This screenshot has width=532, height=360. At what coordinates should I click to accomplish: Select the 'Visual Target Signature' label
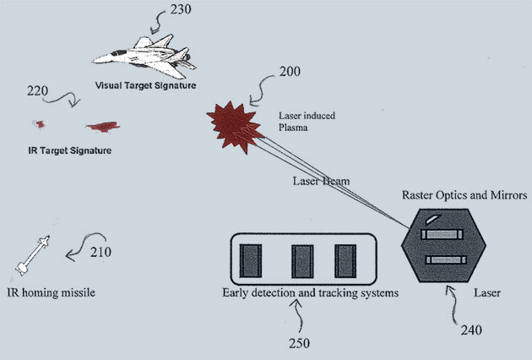click(145, 85)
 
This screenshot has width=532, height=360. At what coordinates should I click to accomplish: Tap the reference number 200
click(290, 72)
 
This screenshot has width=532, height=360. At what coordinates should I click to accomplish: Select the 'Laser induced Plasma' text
click(299, 121)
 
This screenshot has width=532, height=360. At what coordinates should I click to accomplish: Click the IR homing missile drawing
click(31, 256)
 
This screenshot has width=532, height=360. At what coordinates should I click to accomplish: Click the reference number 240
click(473, 332)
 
